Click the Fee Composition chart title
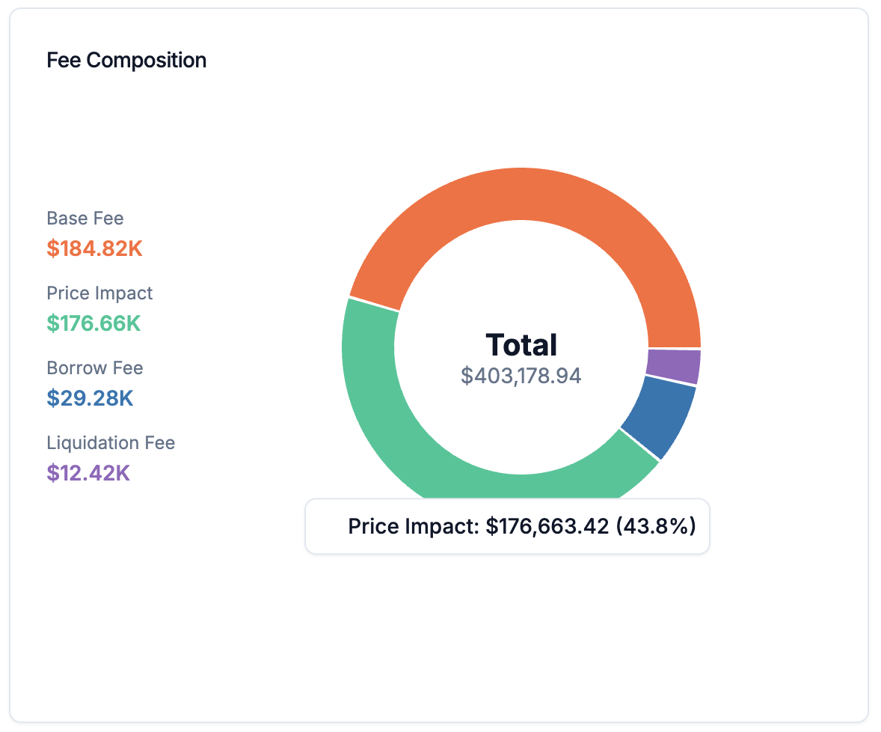click(126, 60)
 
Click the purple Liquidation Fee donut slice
click(674, 366)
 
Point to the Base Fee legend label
click(85, 219)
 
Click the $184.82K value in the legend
click(94, 248)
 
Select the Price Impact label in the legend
click(99, 293)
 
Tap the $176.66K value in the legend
click(93, 323)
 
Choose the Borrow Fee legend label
click(94, 368)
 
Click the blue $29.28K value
click(90, 398)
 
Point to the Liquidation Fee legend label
click(111, 443)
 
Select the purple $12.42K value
click(88, 473)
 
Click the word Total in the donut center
click(521, 345)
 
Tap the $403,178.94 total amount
click(521, 376)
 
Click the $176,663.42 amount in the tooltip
click(547, 527)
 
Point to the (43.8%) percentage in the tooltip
click(656, 527)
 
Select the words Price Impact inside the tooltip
click(412, 527)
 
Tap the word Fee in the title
click(64, 60)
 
